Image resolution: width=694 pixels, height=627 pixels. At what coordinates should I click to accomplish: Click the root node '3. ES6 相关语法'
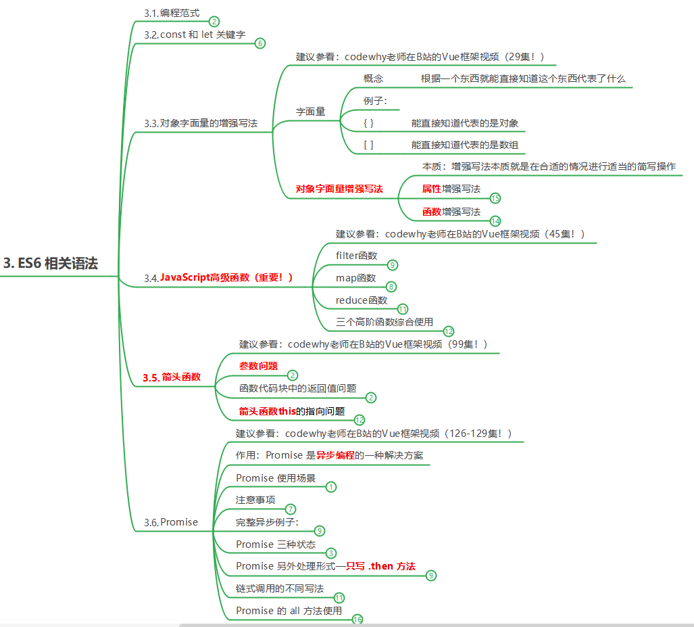(x=51, y=264)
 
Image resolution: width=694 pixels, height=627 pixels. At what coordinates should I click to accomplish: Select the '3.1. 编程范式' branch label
(x=172, y=13)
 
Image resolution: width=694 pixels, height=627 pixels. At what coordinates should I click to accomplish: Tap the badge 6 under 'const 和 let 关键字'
(x=260, y=43)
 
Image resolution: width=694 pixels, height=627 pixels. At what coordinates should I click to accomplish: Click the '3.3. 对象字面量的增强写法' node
(x=200, y=123)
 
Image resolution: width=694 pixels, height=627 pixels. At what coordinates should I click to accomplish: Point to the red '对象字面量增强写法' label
(x=339, y=189)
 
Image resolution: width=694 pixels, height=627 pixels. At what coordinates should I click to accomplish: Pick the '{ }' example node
(x=368, y=123)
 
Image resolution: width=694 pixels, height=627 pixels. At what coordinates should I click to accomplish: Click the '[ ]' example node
(x=368, y=145)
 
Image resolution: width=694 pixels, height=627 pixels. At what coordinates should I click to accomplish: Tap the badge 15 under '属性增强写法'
(x=495, y=198)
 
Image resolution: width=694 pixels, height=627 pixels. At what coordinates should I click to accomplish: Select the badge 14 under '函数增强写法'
(x=495, y=220)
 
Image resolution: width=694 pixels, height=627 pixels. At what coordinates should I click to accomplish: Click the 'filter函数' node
(x=356, y=255)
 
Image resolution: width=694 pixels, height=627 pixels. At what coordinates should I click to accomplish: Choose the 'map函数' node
(x=355, y=277)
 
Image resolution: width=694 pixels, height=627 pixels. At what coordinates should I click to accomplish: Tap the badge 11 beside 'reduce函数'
(x=403, y=308)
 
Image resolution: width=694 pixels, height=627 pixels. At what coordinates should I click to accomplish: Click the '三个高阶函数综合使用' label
(x=385, y=322)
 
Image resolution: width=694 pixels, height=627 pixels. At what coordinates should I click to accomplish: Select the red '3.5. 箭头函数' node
(x=172, y=377)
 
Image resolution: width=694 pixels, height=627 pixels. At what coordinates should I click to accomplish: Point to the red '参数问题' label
(x=258, y=366)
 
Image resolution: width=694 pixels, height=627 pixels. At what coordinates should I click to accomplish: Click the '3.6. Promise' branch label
(x=171, y=522)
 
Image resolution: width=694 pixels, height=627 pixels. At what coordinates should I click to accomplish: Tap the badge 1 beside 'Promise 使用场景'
(x=331, y=486)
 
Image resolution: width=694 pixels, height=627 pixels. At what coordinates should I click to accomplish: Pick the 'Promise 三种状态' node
(x=276, y=544)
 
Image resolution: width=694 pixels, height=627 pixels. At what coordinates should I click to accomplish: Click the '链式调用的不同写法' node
(x=280, y=588)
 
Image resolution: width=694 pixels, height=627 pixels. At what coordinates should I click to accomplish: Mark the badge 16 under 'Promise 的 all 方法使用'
(x=357, y=620)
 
